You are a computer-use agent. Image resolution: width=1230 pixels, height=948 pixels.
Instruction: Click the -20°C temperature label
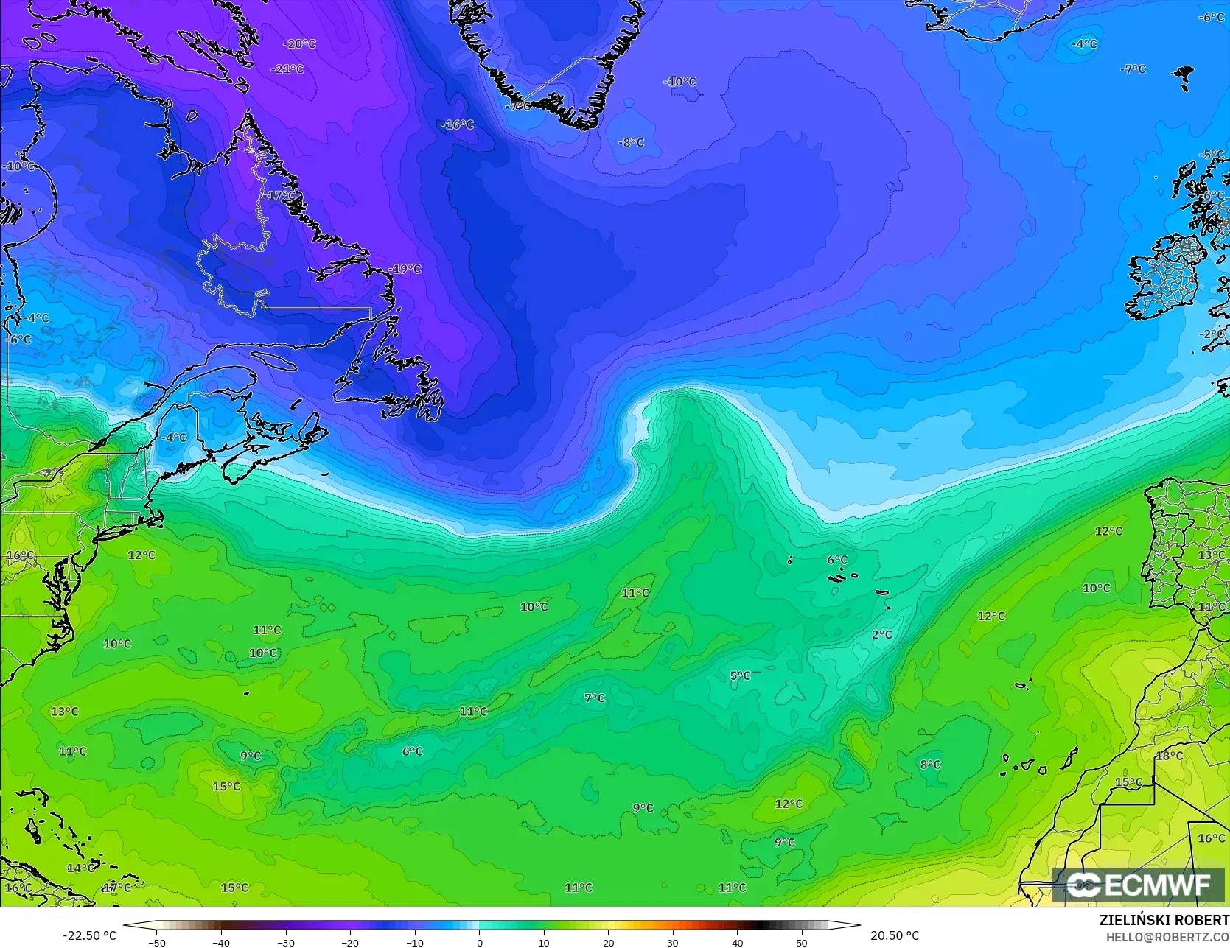[299, 44]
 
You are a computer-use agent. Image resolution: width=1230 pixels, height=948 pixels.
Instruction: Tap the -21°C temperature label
[288, 69]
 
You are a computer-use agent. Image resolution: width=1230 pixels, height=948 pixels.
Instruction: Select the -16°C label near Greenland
[458, 124]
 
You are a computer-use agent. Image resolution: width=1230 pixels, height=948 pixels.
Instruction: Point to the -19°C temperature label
[405, 269]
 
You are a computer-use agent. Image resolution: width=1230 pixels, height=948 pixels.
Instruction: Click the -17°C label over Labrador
[280, 196]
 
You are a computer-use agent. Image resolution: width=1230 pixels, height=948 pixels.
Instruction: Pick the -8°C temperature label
[631, 143]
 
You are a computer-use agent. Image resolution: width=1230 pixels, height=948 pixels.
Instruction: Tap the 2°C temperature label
[881, 634]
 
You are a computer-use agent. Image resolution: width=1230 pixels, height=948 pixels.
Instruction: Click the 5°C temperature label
[740, 675]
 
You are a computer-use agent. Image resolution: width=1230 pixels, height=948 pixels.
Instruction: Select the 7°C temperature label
[594, 698]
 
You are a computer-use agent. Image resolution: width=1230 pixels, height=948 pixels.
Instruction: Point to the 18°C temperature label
[1169, 756]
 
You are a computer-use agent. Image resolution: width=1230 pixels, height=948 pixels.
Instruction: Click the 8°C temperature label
[930, 765]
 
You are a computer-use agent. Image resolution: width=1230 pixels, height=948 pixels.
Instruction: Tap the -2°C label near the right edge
[1212, 334]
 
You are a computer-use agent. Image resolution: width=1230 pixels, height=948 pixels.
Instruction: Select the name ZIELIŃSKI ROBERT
[1164, 920]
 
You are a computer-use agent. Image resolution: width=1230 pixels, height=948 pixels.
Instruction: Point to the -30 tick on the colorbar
[286, 942]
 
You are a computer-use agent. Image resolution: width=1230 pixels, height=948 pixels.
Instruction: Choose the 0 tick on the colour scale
[479, 942]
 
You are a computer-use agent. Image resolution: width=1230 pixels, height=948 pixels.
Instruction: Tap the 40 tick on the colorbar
[737, 942]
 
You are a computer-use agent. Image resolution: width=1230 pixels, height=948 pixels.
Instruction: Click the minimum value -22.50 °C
[89, 935]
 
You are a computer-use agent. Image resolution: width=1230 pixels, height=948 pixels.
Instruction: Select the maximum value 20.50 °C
[895, 935]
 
